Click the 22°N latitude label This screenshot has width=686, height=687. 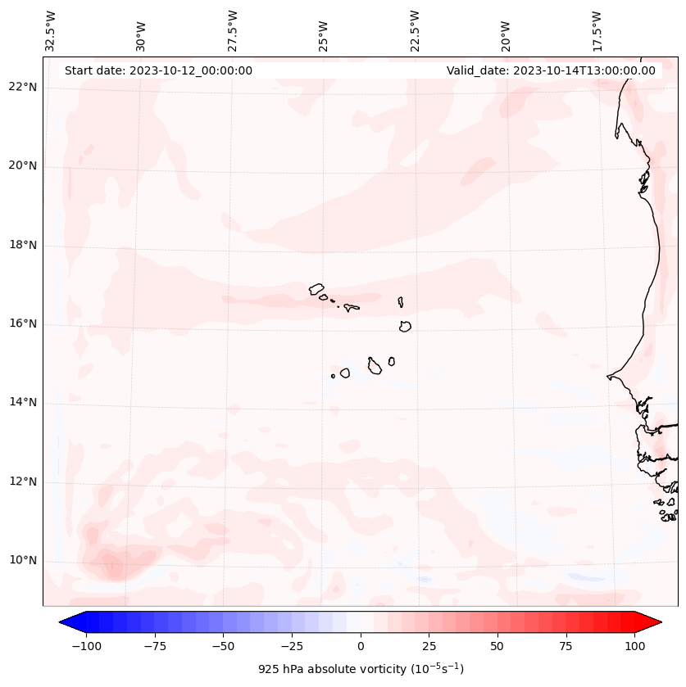point(22,88)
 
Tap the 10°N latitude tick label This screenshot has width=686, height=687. point(22,561)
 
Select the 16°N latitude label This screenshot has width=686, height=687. point(22,324)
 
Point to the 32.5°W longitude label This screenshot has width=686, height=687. point(51,30)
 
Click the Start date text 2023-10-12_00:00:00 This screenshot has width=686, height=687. point(158,70)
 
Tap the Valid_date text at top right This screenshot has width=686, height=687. point(551,70)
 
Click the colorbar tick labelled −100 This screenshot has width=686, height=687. point(86,646)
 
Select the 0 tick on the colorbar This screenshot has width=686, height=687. point(361,646)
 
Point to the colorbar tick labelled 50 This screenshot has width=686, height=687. point(497,646)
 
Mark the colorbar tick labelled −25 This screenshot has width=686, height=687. point(292,646)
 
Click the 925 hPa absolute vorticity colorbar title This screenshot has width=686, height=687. point(361,669)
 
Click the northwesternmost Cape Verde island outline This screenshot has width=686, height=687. point(316,288)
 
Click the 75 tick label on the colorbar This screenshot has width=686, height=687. point(566,646)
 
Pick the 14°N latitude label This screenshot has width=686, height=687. point(22,403)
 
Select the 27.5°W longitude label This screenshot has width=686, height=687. point(233,30)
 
